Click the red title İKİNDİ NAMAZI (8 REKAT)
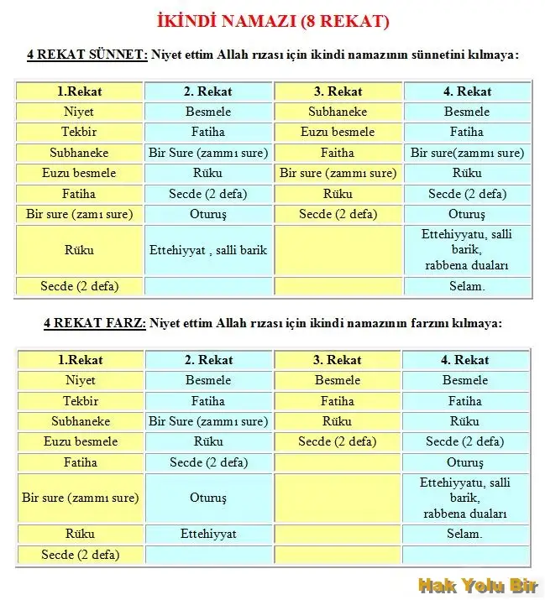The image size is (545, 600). tap(273, 21)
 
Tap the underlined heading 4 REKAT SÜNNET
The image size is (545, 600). tap(87, 55)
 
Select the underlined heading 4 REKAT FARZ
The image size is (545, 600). tap(95, 323)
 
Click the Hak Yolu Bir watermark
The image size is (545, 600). tap(477, 584)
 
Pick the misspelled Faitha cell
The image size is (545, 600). tap(338, 153)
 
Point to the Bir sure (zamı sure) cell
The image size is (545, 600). tap(79, 214)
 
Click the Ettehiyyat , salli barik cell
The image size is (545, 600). tap(208, 250)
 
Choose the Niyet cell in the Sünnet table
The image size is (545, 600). tap(79, 112)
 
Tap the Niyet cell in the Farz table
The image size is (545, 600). tap(80, 380)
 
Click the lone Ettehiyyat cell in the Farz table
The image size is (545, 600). tap(208, 534)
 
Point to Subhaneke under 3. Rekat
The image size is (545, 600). tap(338, 112)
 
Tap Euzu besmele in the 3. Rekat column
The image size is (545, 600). tap(338, 132)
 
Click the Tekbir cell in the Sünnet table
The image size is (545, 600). tap(79, 132)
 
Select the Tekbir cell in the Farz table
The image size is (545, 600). tap(80, 401)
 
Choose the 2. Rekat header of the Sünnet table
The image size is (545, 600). tap(208, 91)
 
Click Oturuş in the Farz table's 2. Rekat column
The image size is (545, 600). tap(208, 498)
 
